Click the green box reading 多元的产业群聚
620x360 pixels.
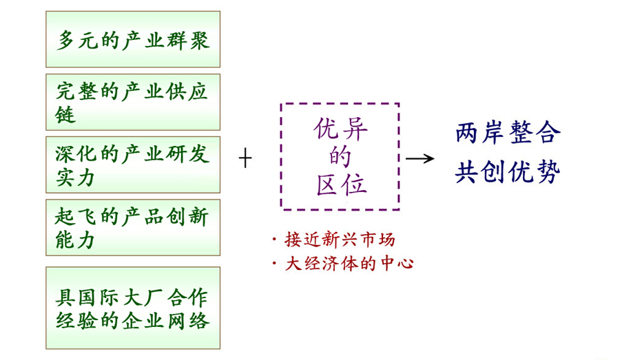[133, 39]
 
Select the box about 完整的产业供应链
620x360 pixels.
[133, 102]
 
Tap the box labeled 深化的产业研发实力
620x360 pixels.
[133, 165]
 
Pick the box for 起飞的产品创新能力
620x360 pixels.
[133, 227]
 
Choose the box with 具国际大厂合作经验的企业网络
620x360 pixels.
[133, 308]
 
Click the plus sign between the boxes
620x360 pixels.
[245, 159]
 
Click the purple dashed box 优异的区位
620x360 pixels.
[339, 156]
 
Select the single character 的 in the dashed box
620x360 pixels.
[339, 157]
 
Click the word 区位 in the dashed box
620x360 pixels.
[339, 184]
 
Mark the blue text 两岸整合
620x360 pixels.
[507, 133]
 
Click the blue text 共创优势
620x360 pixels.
[507, 172]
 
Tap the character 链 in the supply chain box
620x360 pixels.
[65, 115]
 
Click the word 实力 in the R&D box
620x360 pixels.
[76, 178]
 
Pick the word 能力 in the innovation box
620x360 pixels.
[76, 240]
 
